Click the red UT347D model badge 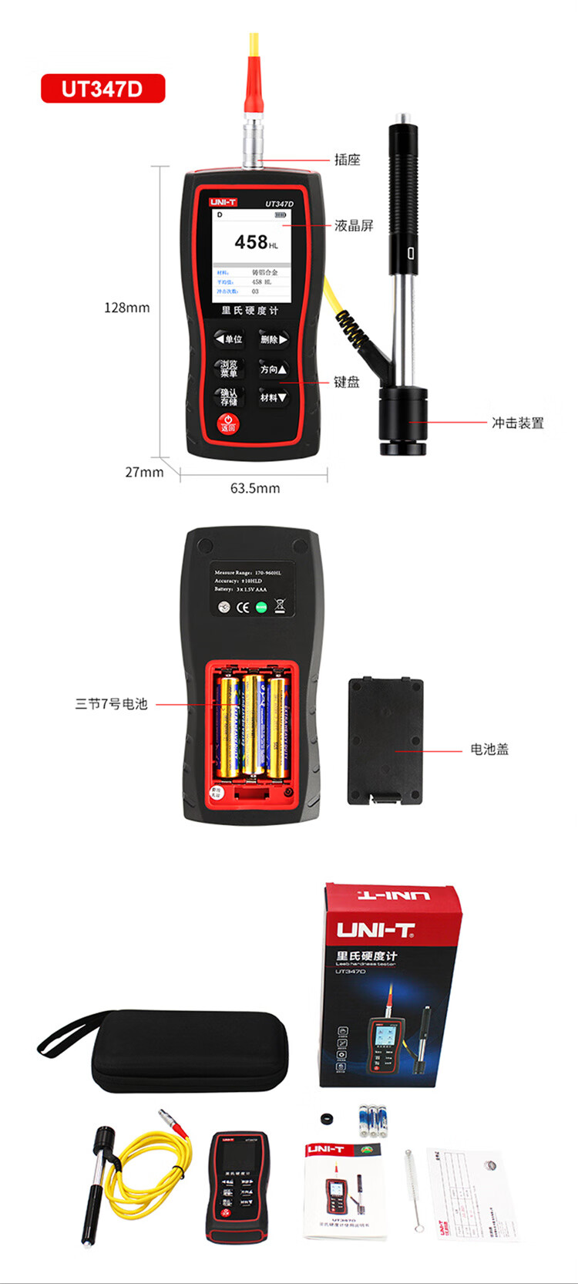pyautogui.click(x=102, y=89)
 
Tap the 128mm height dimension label pyautogui.click(x=127, y=308)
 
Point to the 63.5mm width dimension pyautogui.click(x=255, y=488)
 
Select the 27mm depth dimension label pyautogui.click(x=144, y=472)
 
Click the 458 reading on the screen pyautogui.click(x=252, y=242)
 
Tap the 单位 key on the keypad pyautogui.click(x=229, y=339)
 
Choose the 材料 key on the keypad pyautogui.click(x=273, y=398)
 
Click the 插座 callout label pyautogui.click(x=347, y=160)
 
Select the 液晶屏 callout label pyautogui.click(x=354, y=225)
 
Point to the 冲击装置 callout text pyautogui.click(x=518, y=423)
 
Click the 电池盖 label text pyautogui.click(x=489, y=749)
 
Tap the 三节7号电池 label pyautogui.click(x=111, y=704)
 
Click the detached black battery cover pyautogui.click(x=385, y=741)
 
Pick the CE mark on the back pyautogui.click(x=243, y=607)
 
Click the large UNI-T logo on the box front pyautogui.click(x=376, y=930)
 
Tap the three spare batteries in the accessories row pyautogui.click(x=371, y=1121)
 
